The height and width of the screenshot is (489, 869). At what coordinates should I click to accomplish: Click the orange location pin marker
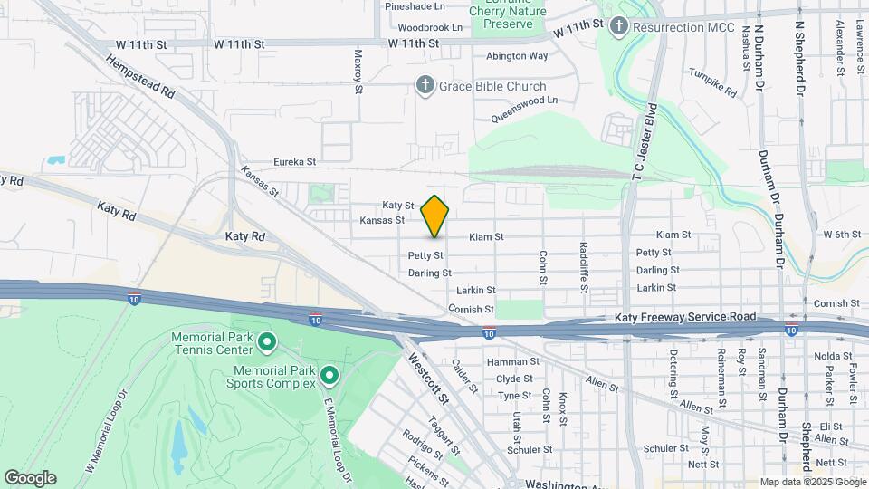tap(434, 216)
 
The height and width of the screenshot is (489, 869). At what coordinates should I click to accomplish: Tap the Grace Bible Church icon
tap(425, 85)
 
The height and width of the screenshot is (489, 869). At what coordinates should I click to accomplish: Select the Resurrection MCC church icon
tap(618, 26)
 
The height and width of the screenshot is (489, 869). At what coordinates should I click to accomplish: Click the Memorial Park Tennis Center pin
tap(267, 342)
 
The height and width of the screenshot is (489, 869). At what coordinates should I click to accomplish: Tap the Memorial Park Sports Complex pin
tap(329, 374)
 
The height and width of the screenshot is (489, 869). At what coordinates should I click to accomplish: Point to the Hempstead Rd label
tap(140, 77)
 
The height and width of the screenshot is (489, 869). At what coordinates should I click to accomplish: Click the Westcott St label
tap(429, 379)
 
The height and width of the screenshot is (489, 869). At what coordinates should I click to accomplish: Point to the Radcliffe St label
tap(585, 267)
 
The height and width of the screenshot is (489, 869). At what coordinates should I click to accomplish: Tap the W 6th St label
tap(842, 235)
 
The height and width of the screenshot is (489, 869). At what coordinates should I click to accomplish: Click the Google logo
tap(30, 478)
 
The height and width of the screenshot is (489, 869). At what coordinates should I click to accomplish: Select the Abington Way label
tap(517, 55)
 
